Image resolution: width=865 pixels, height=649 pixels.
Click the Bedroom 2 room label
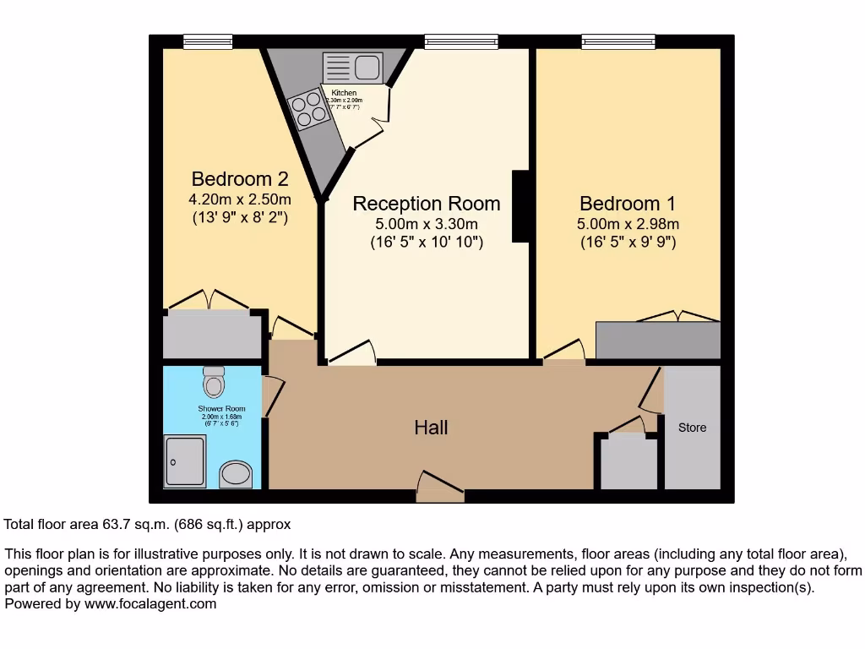coord(240,179)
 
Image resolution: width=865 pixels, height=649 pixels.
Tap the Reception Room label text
coord(427,204)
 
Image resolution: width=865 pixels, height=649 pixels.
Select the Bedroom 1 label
coord(628,204)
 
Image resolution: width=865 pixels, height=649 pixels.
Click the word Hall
coord(431,428)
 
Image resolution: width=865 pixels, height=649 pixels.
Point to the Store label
coord(692,428)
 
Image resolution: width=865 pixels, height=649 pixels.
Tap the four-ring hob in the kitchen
coord(308,109)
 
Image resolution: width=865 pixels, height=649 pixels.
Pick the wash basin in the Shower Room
coord(236,474)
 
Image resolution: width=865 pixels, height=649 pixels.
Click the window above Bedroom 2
coord(208,41)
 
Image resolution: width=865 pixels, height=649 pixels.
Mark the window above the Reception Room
coord(461,41)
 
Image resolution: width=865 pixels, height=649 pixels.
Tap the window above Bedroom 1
coord(617,41)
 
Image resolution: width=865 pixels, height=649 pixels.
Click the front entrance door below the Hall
coord(440,489)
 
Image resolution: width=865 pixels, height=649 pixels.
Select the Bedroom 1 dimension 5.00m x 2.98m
coord(628,224)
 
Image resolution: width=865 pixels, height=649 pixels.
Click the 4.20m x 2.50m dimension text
coord(240,199)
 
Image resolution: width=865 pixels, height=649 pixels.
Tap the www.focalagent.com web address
coord(148,603)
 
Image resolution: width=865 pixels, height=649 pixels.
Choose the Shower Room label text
coord(223,409)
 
